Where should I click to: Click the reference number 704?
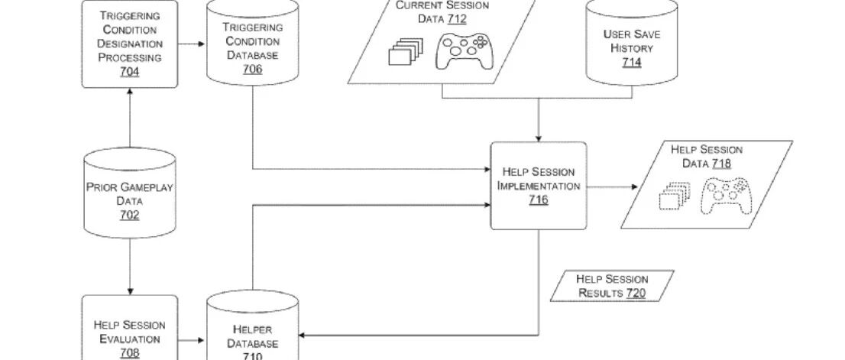coord(129,72)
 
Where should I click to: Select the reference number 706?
coord(253,69)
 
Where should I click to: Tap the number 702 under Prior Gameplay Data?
coord(129,215)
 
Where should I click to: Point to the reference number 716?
coord(539,200)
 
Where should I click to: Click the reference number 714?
coord(632,63)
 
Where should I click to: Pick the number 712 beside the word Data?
coord(457,19)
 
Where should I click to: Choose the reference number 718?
coord(721,164)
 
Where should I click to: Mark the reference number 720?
coord(636,294)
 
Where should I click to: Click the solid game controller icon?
coord(465,52)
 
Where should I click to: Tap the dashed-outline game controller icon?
coord(726,196)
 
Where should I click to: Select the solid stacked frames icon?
coord(406,52)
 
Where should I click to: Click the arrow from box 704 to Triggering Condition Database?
coord(192,44)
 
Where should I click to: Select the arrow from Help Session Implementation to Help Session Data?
coord(612,187)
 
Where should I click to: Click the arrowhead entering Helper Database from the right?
coord(302,336)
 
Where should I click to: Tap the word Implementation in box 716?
coord(539,186)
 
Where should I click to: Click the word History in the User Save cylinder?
coord(632,48)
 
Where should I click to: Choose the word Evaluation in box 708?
coord(130,339)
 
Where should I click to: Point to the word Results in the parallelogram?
coord(601,294)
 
